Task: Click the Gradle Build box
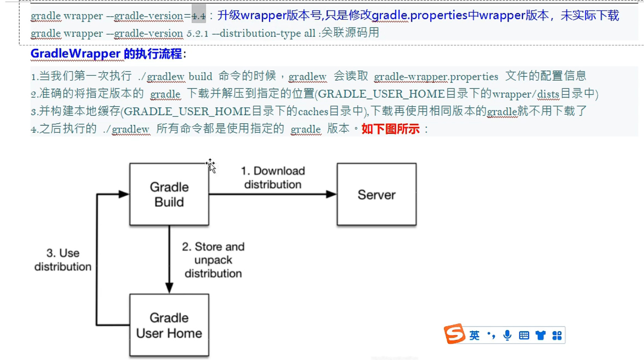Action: click(169, 194)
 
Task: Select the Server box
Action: click(376, 194)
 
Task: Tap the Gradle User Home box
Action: click(169, 325)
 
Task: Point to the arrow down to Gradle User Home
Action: click(169, 259)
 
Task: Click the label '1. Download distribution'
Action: click(273, 178)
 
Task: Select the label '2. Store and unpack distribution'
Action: click(213, 260)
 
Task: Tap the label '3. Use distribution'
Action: click(63, 260)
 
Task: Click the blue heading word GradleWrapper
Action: click(75, 54)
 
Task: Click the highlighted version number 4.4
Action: click(199, 16)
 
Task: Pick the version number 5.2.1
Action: click(197, 33)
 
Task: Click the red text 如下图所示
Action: click(391, 129)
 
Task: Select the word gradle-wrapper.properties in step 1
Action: click(436, 77)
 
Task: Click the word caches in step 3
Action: click(313, 112)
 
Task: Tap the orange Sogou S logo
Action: click(454, 334)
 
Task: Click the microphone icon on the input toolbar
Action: click(507, 335)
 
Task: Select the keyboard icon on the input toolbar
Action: click(524, 335)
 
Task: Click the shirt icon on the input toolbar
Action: click(541, 335)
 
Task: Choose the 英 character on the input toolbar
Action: click(474, 335)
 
